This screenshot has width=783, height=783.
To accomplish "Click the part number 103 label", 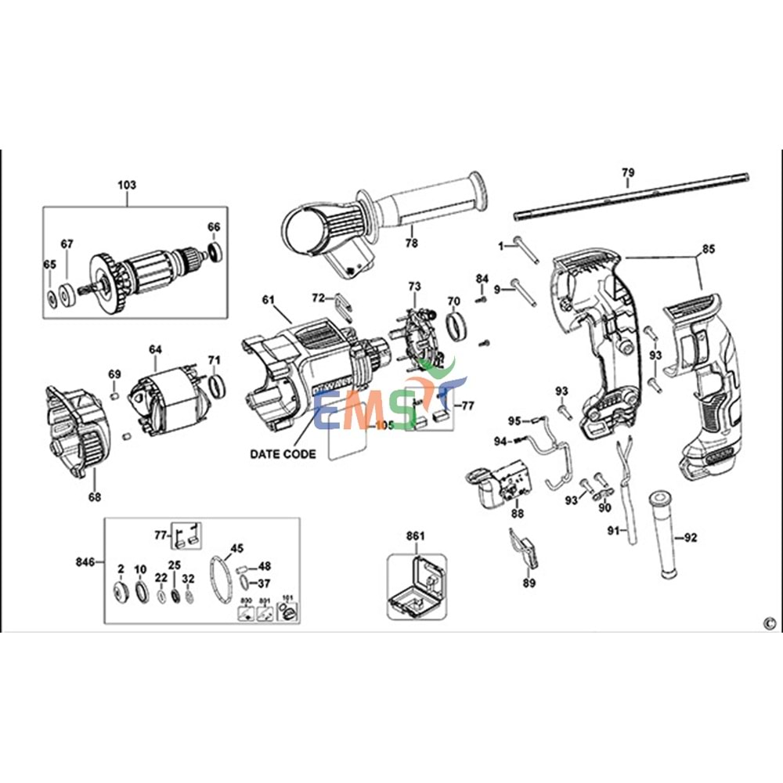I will click(127, 185).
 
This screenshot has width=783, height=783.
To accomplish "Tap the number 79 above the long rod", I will click(628, 172).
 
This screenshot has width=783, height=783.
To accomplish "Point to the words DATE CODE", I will click(283, 454).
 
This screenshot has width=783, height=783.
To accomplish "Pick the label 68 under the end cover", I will click(94, 496).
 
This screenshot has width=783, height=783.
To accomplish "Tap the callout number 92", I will click(690, 537).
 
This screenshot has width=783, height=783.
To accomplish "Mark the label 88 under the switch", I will click(517, 514).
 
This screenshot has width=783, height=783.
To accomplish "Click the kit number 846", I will click(85, 562).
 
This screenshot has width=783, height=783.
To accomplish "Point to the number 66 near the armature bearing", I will click(214, 227).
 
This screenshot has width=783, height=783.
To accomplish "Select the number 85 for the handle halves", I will click(708, 250).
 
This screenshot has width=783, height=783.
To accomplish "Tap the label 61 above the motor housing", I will click(269, 300).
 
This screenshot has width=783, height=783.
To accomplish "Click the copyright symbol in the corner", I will click(768, 623).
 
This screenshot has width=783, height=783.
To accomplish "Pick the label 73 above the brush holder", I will click(414, 287).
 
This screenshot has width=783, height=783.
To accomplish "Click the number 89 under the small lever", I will click(529, 583).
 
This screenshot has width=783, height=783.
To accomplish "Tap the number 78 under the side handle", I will click(411, 244).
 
